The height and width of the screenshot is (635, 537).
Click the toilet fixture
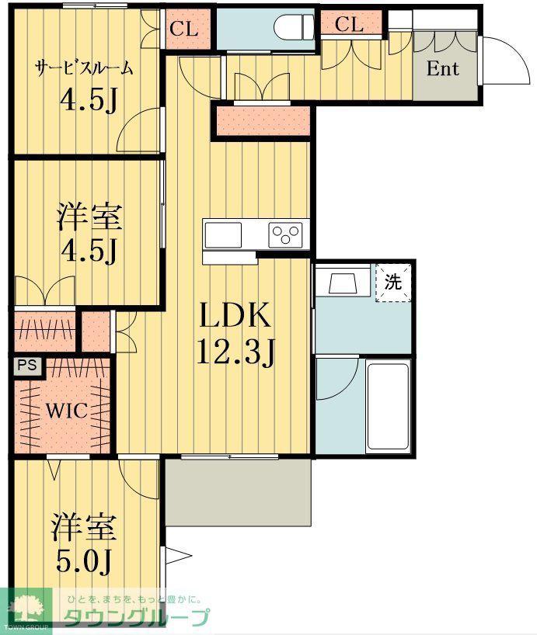click(295, 28)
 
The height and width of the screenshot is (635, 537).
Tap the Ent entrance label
click(442, 68)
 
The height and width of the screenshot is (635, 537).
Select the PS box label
click(26, 366)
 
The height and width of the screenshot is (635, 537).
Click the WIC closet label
click(67, 411)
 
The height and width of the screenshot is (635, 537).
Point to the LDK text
click(235, 315)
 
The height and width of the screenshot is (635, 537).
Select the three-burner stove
click(285, 234)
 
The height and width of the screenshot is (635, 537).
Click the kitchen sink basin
click(223, 235)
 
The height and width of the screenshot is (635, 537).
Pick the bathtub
click(387, 406)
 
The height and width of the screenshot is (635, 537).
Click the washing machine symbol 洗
click(392, 283)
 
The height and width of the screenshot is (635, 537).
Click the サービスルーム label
click(84, 68)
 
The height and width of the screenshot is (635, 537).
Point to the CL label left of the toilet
click(183, 29)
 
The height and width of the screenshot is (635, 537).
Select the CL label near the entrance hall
click(349, 24)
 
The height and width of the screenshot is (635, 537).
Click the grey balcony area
click(239, 492)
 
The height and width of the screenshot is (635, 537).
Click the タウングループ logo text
click(137, 618)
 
